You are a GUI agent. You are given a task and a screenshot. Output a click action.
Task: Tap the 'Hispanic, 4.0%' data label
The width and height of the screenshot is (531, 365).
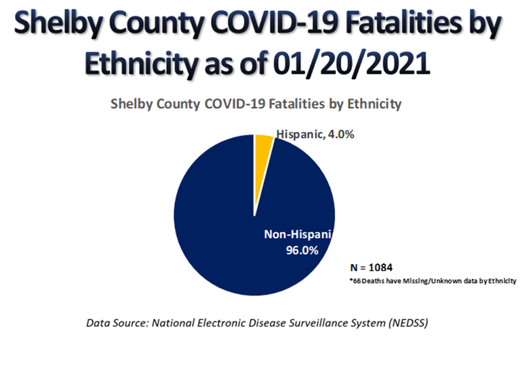315,134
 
